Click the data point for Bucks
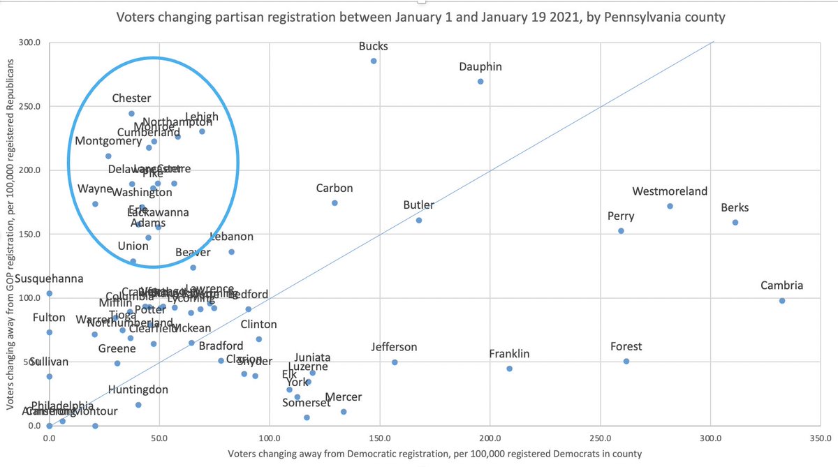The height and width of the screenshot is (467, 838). click(374, 61)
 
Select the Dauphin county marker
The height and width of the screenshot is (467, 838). click(480, 82)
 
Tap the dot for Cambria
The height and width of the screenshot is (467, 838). click(782, 301)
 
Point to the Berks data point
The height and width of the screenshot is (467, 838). click(735, 223)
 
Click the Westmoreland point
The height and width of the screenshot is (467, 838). click(670, 207)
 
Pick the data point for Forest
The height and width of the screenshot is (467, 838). click(626, 362)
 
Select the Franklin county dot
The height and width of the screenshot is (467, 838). click(509, 369)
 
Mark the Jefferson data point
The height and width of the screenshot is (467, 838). click(395, 362)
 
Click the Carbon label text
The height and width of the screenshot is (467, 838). click(335, 188)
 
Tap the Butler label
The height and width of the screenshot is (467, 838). click(418, 205)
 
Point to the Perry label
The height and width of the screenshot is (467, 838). click(621, 216)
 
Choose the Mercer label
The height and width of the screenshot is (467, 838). click(344, 397)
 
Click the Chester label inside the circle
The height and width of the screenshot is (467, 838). click(131, 99)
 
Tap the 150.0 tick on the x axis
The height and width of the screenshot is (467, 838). click(379, 439)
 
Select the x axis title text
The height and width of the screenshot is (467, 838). click(434, 454)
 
